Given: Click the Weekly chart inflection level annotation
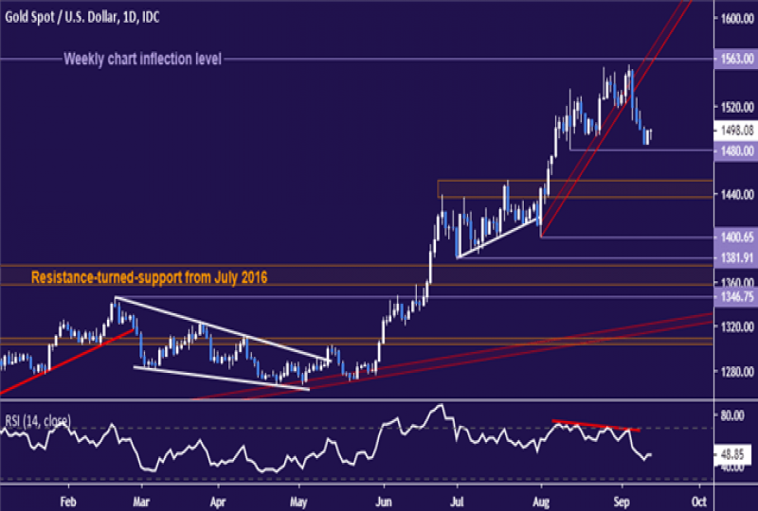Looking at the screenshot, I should pyautogui.click(x=142, y=59).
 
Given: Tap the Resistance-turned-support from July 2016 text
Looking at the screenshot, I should pyautogui.click(x=150, y=278).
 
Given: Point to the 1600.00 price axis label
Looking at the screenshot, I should pyautogui.click(x=736, y=19).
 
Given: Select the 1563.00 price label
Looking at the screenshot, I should pyautogui.click(x=736, y=59).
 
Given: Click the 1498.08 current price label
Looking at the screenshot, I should pyautogui.click(x=736, y=132).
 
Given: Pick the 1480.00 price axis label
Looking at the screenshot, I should pyautogui.click(x=736, y=150).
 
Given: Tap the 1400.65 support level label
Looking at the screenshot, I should pyautogui.click(x=736, y=238).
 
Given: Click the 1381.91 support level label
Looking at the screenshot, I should pyautogui.click(x=736, y=257).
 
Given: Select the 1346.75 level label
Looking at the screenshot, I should pyautogui.click(x=736, y=296).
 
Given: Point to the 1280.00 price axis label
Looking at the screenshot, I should pyautogui.click(x=736, y=371).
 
